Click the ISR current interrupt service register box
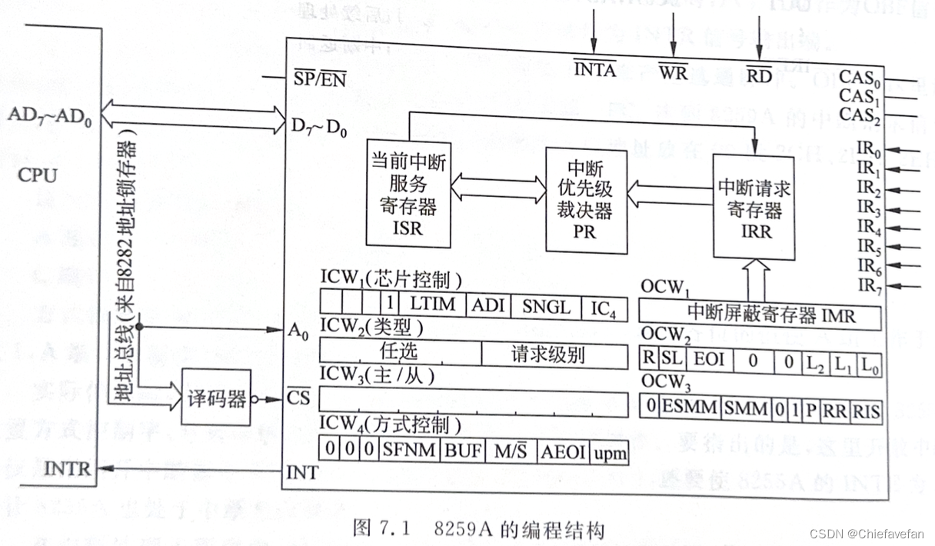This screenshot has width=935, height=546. pyautogui.click(x=405, y=195)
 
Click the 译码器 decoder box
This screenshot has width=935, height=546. pyautogui.click(x=216, y=398)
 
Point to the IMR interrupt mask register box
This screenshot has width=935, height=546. pyautogui.click(x=760, y=315)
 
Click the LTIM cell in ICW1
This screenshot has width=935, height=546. pyautogui.click(x=432, y=305)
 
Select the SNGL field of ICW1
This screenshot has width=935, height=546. pyautogui.click(x=547, y=307)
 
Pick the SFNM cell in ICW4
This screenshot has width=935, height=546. pyautogui.click(x=411, y=450)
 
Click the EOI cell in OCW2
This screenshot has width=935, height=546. pyautogui.click(x=709, y=360)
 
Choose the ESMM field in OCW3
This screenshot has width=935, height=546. pyautogui.click(x=690, y=408)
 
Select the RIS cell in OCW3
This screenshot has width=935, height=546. pyautogui.click(x=866, y=410)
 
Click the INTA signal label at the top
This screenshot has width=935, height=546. pyautogui.click(x=594, y=70)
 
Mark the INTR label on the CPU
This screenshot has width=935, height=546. pyautogui.click(x=68, y=468)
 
